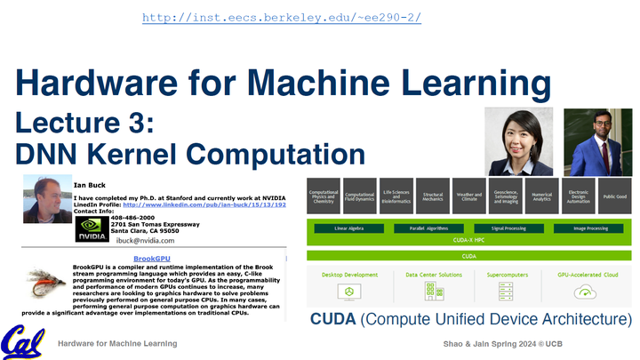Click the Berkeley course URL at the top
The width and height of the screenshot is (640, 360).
[281, 18]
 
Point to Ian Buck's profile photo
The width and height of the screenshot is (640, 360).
[44, 196]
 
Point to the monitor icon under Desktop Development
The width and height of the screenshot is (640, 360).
[349, 291]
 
